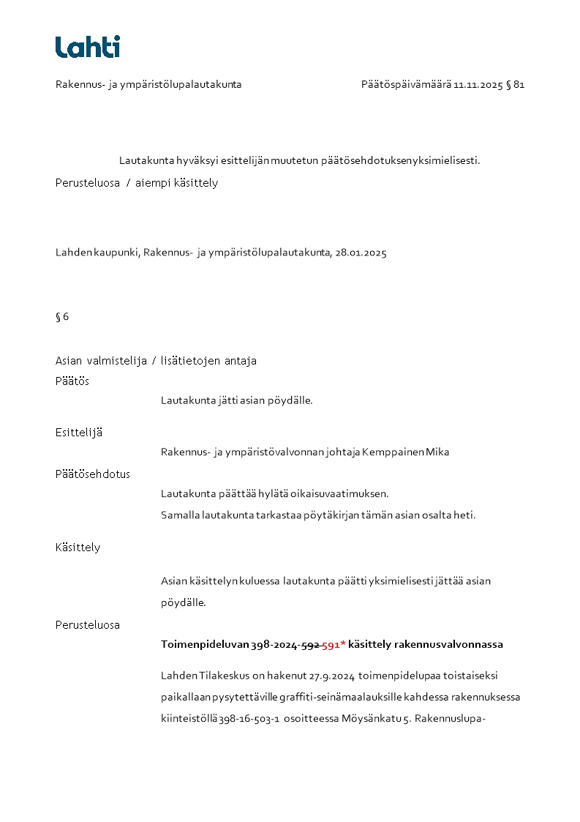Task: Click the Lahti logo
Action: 87,47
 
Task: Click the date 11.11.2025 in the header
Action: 478,85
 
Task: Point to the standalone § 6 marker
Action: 62,317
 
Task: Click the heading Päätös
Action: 72,381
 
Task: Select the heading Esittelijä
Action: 79,433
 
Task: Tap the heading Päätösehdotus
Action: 93,474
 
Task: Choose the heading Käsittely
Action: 78,548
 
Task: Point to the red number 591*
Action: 334,645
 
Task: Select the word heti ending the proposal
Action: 465,515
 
